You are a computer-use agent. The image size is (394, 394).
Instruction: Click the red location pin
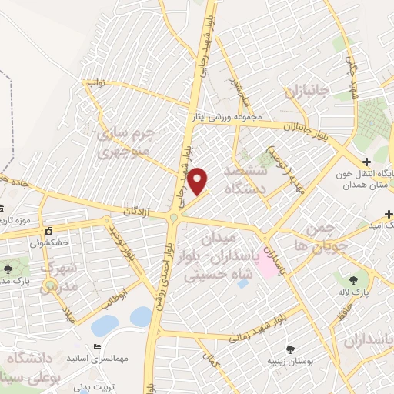198,181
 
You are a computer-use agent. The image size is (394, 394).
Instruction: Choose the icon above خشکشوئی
49,230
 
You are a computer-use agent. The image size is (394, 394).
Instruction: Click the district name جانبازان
307,91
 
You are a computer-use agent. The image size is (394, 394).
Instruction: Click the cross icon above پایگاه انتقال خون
367,162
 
